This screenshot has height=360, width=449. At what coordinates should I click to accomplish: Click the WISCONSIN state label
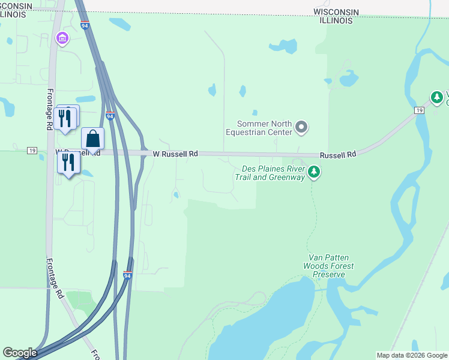[336, 12]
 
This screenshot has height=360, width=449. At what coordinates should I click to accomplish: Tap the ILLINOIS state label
[336, 20]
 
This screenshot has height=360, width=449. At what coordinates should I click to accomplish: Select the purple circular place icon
[62, 39]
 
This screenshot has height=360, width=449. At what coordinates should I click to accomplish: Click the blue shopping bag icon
[92, 139]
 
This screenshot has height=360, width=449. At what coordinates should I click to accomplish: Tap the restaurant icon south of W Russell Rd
[68, 162]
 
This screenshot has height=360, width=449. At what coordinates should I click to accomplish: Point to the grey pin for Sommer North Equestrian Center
[302, 127]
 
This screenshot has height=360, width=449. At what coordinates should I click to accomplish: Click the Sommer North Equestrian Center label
[259, 128]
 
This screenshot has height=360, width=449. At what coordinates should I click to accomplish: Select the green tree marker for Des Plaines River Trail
[313, 173]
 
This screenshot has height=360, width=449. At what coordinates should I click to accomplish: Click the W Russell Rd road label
[175, 154]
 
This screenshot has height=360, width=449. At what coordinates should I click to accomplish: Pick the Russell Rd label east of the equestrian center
[338, 155]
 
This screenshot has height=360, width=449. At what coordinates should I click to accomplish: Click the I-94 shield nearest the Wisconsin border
[84, 26]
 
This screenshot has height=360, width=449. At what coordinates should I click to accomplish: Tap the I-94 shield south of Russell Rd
[127, 275]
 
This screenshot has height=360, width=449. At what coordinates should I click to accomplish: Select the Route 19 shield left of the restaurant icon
[32, 150]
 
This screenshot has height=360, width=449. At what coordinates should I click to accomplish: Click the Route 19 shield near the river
[419, 109]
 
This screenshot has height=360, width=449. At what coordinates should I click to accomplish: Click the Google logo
[20, 353]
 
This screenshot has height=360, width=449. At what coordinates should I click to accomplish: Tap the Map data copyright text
[412, 355]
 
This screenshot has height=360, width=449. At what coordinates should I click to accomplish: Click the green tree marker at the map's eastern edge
[438, 97]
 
